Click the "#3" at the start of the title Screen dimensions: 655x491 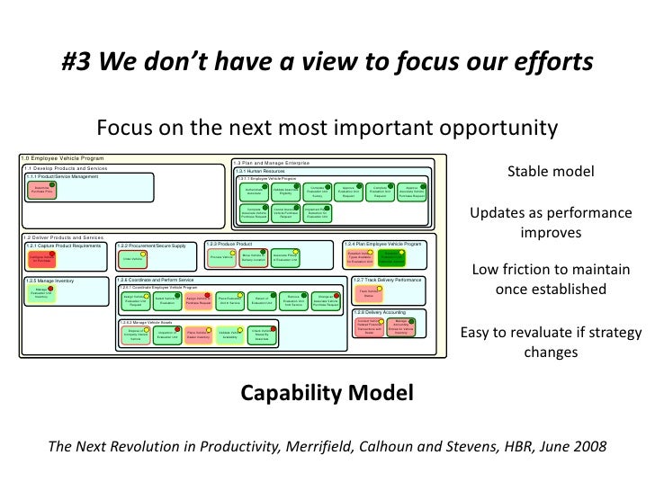click(x=78, y=62)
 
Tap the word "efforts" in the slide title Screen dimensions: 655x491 click(x=552, y=62)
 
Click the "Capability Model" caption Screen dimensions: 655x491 click(x=327, y=392)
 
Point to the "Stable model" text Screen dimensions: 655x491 click(x=551, y=172)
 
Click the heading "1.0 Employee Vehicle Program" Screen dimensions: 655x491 click(x=63, y=159)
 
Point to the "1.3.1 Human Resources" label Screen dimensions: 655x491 click(x=261, y=171)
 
